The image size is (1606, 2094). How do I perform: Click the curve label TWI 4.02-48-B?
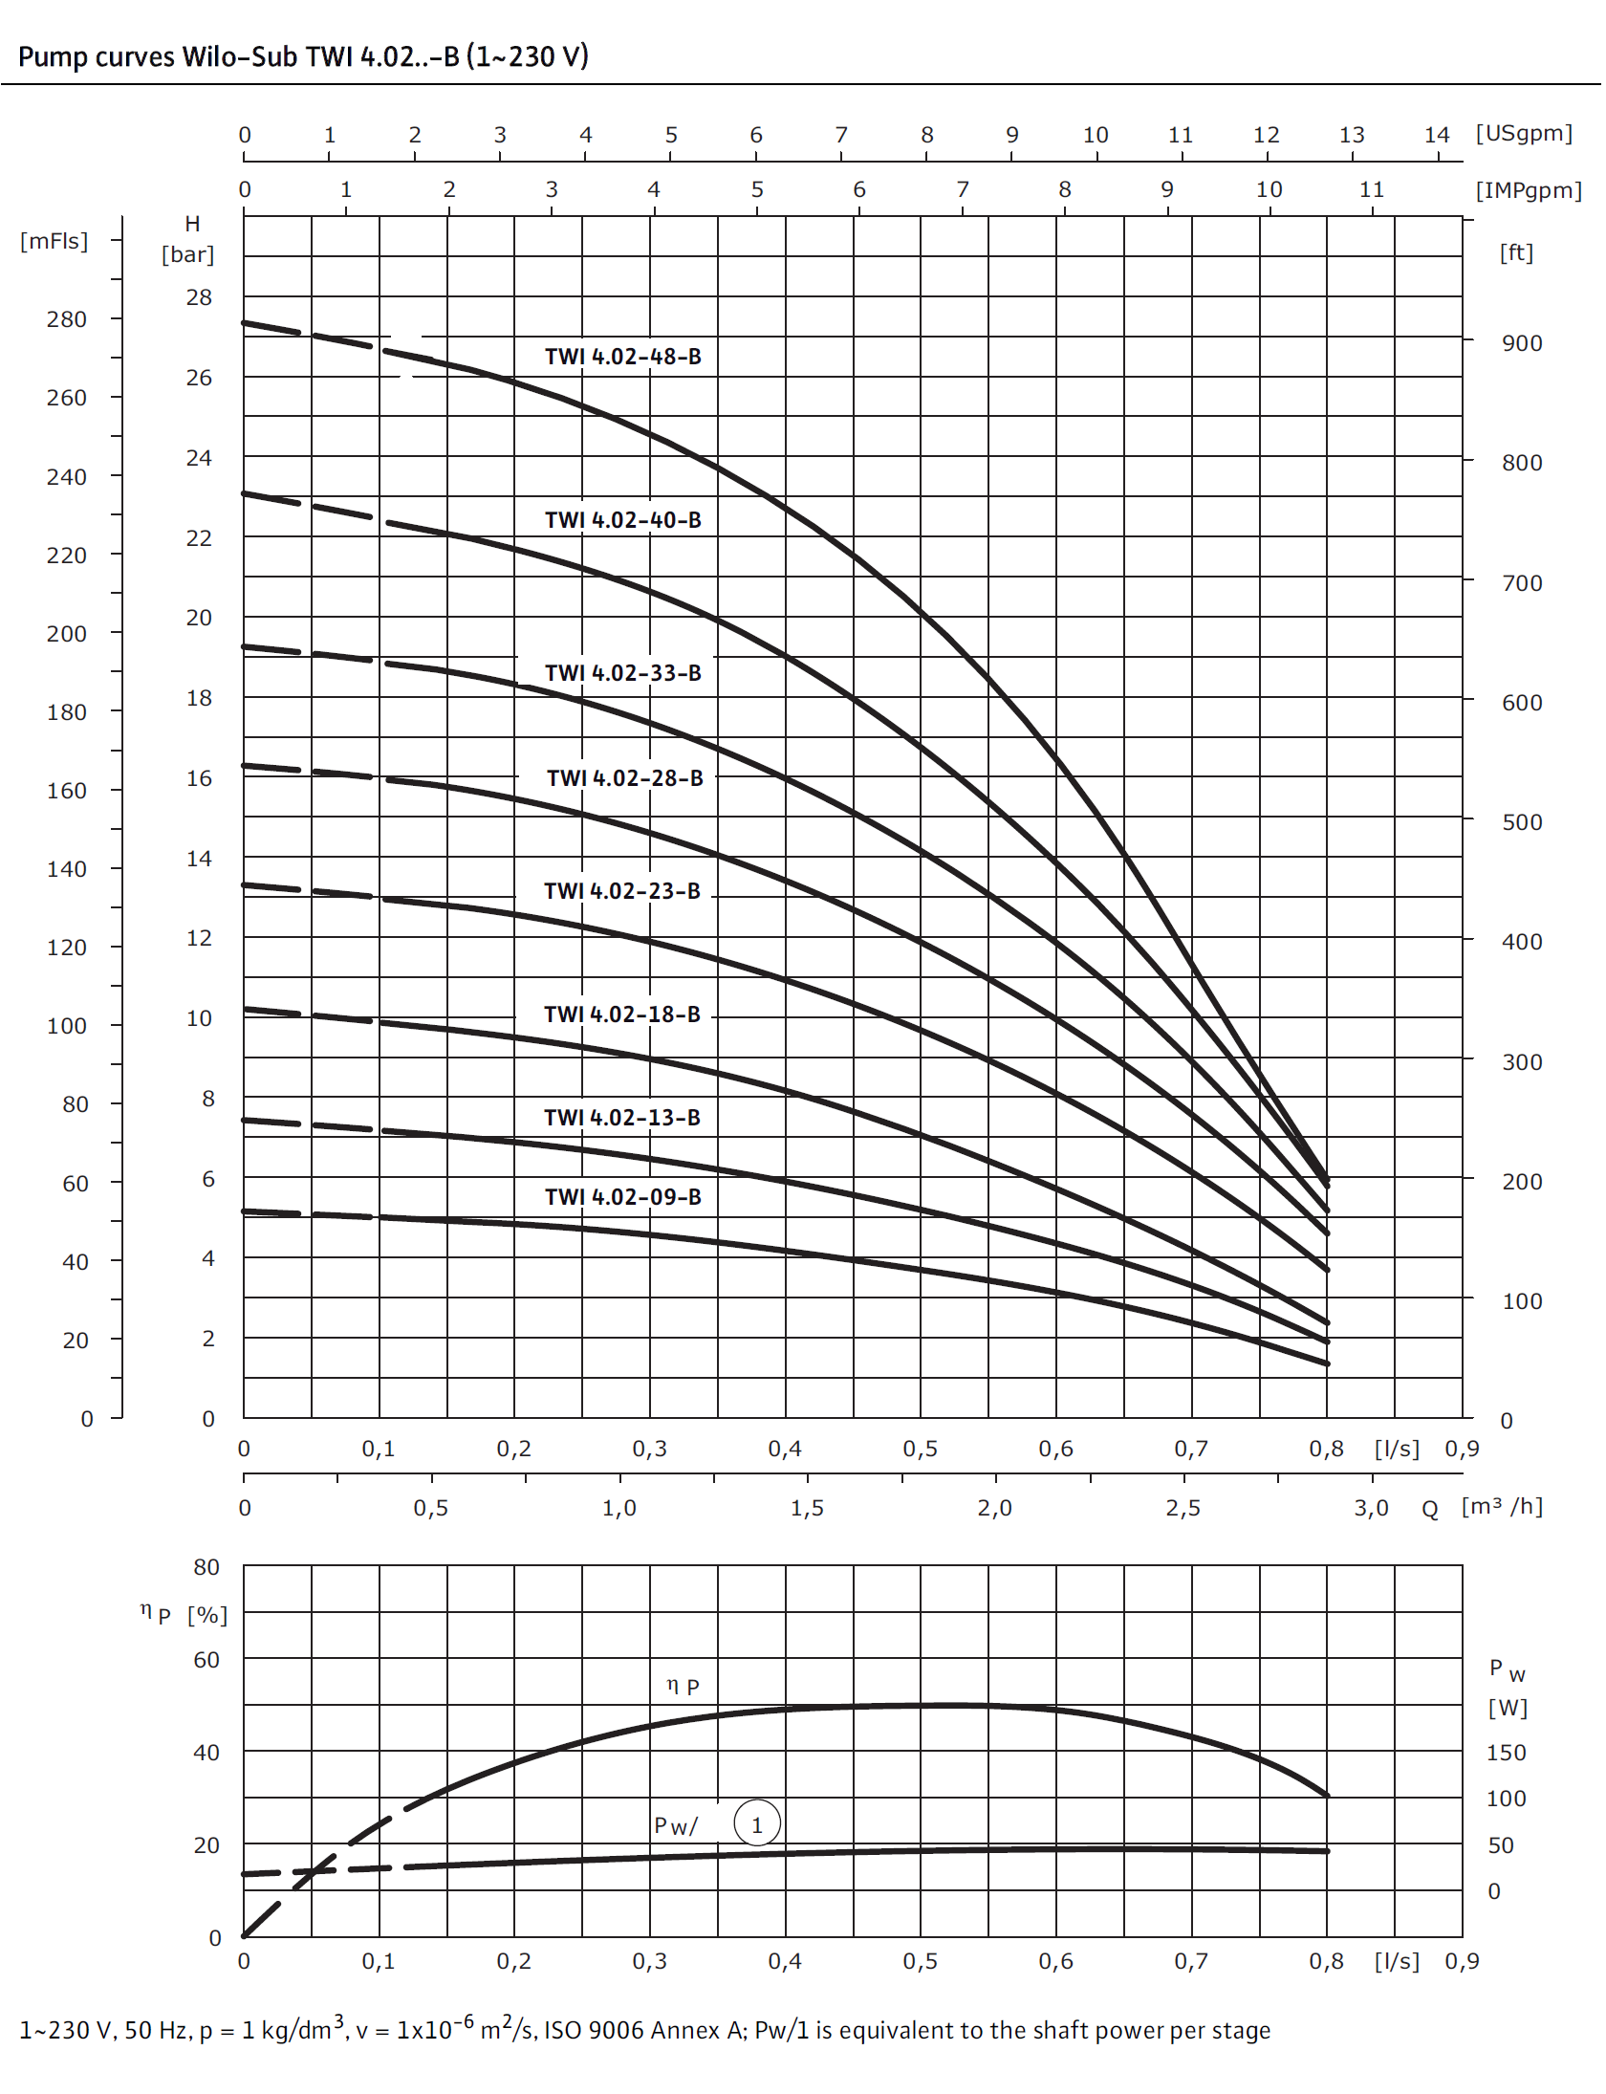[x=622, y=357]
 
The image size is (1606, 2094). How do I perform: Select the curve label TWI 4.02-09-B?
[x=622, y=1197]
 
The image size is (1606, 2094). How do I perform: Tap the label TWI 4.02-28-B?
[x=624, y=778]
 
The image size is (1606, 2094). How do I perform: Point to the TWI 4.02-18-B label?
[x=621, y=1014]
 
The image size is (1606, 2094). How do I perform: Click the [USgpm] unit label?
[x=1524, y=133]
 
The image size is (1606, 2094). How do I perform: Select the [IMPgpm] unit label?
[x=1529, y=190]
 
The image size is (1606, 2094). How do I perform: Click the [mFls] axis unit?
[x=54, y=241]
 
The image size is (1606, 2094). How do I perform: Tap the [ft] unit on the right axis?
[x=1516, y=252]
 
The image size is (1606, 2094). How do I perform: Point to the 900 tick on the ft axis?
[x=1522, y=343]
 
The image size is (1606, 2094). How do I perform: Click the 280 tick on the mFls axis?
[x=66, y=319]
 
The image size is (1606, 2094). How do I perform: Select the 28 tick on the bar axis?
[x=199, y=297]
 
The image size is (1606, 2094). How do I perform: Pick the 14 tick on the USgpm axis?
[x=1437, y=135]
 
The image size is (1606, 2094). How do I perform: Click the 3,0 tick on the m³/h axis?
[x=1371, y=1508]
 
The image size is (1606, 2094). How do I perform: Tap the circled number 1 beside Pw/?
[x=757, y=1825]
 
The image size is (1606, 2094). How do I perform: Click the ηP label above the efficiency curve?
[x=683, y=1687]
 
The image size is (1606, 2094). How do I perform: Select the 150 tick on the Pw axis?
[x=1506, y=1753]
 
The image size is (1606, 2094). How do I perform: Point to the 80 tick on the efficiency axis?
[x=206, y=1567]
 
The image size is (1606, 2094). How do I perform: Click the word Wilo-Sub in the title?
[x=240, y=56]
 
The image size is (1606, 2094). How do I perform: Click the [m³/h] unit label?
[x=1502, y=1507]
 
